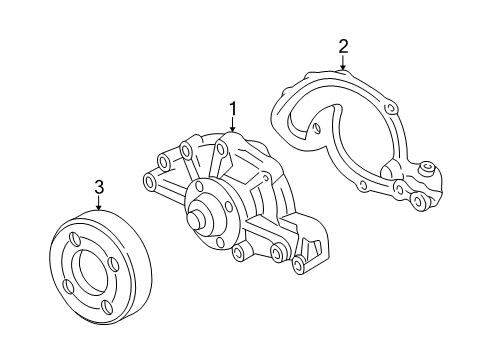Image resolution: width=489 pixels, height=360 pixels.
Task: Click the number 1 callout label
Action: pyautogui.click(x=233, y=108)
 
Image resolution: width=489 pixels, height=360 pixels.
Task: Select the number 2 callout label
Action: pyautogui.click(x=343, y=45)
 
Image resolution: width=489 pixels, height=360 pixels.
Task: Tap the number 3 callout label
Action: pyautogui.click(x=99, y=186)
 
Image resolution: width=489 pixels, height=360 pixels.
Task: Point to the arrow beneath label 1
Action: pyautogui.click(x=233, y=127)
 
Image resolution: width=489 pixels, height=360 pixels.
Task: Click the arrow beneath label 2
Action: pyautogui.click(x=343, y=63)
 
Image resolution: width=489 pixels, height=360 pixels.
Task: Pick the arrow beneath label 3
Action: pyautogui.click(x=99, y=204)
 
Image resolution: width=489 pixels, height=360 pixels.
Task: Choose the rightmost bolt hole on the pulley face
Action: pyautogui.click(x=116, y=266)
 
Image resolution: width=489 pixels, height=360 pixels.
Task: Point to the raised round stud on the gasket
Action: pyautogui.click(x=425, y=169)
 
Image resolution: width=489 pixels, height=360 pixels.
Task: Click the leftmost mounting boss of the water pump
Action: pyautogui.click(x=150, y=181)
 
